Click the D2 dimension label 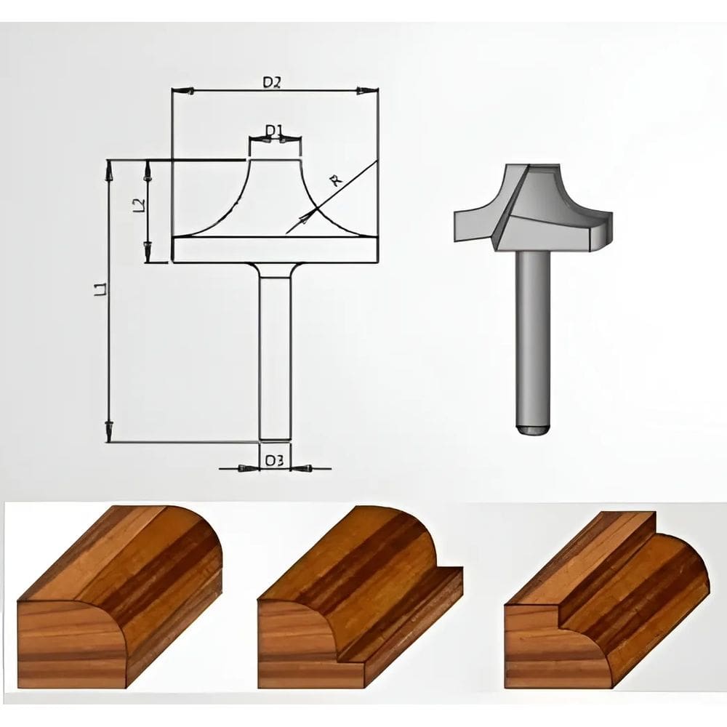pos(272,83)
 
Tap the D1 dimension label pos(273,130)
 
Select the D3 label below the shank pos(273,460)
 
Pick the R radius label pos(335,181)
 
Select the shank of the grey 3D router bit pos(531,334)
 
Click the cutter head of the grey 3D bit pos(534,207)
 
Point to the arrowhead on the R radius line pos(311,214)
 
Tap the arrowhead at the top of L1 pos(109,171)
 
